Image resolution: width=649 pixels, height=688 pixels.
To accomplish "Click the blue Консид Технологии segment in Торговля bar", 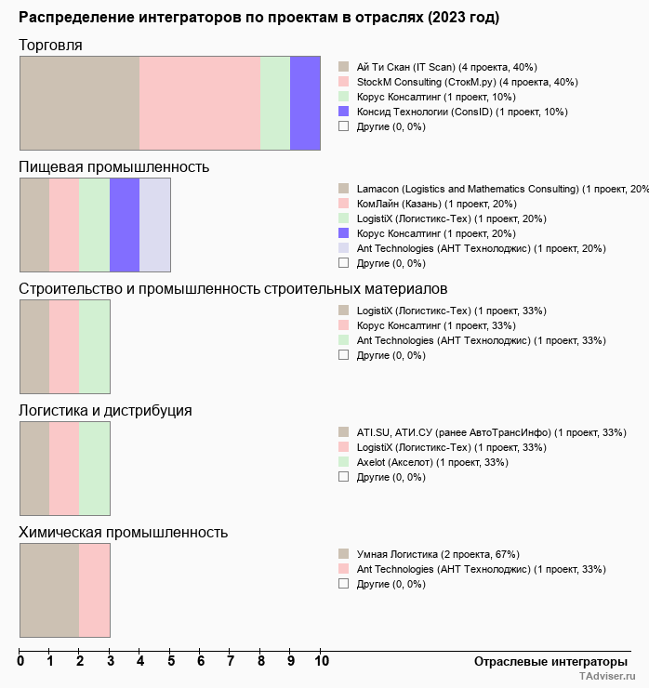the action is coord(305,103).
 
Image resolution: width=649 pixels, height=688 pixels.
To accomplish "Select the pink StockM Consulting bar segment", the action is coord(200,103).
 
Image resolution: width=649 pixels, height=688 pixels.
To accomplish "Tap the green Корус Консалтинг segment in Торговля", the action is coord(275,103).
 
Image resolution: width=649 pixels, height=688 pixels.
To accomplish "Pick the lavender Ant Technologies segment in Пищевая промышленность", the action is coord(155,225).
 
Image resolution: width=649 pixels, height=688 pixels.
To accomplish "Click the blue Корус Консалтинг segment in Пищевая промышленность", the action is coord(125,225).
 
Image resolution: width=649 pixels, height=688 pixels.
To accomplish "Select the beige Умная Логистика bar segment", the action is coord(49,590).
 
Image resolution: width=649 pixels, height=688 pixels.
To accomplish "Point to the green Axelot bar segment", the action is coord(94,469).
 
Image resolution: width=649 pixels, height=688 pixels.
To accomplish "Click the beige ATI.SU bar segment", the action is coord(34,469).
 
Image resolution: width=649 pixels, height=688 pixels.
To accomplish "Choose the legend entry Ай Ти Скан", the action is coord(446,67).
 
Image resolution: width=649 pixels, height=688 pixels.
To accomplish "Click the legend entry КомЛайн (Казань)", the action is coord(437,204).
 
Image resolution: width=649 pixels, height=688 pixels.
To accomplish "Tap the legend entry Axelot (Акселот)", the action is coord(432,462).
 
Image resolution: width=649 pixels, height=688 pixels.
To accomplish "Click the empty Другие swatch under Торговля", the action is coord(344,126).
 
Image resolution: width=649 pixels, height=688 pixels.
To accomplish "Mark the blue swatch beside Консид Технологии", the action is coord(344,112).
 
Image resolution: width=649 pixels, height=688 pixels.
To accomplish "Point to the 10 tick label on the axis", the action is coord(322,661).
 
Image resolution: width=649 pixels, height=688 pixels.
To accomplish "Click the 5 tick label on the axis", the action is coord(171,661).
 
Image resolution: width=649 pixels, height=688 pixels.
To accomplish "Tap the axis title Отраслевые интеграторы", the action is coord(550,662).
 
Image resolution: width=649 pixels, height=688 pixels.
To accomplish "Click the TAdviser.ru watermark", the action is coord(607,676).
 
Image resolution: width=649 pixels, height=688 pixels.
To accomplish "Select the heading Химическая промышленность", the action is coord(124,532).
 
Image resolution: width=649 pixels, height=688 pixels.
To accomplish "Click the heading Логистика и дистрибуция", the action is coord(105,411).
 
